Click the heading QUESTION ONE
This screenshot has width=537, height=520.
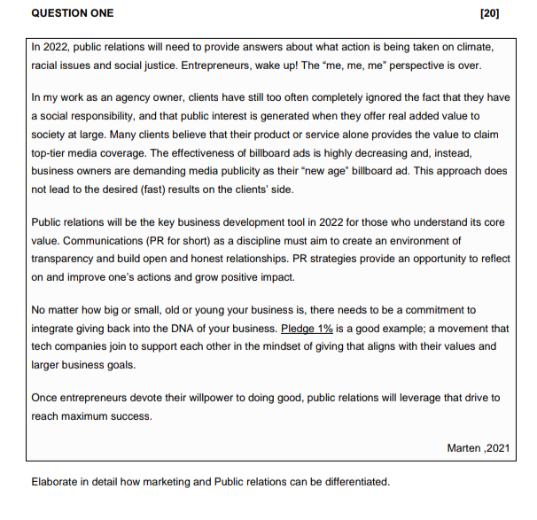tap(73, 13)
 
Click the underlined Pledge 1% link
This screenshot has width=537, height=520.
tap(306, 329)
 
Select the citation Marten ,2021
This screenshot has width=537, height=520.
tap(479, 448)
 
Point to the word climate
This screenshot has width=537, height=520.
tap(478, 46)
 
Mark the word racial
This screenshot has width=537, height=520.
tap(46, 66)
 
